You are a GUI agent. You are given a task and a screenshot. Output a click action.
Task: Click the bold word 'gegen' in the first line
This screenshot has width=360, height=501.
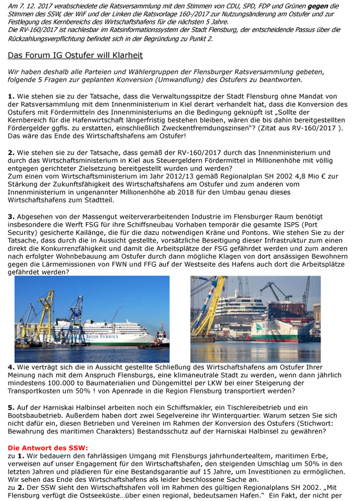click(326, 6)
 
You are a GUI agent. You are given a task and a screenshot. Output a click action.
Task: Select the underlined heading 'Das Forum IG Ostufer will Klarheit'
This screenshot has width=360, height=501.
click(75, 55)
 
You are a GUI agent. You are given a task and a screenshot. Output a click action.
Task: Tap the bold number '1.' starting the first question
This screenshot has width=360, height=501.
click(11, 96)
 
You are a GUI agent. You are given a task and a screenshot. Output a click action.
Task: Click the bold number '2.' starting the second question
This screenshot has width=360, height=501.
click(11, 152)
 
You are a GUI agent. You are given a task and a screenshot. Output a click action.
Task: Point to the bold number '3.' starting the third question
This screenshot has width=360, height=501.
click(11, 216)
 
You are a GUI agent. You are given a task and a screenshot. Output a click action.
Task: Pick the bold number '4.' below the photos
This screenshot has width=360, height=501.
click(11, 367)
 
